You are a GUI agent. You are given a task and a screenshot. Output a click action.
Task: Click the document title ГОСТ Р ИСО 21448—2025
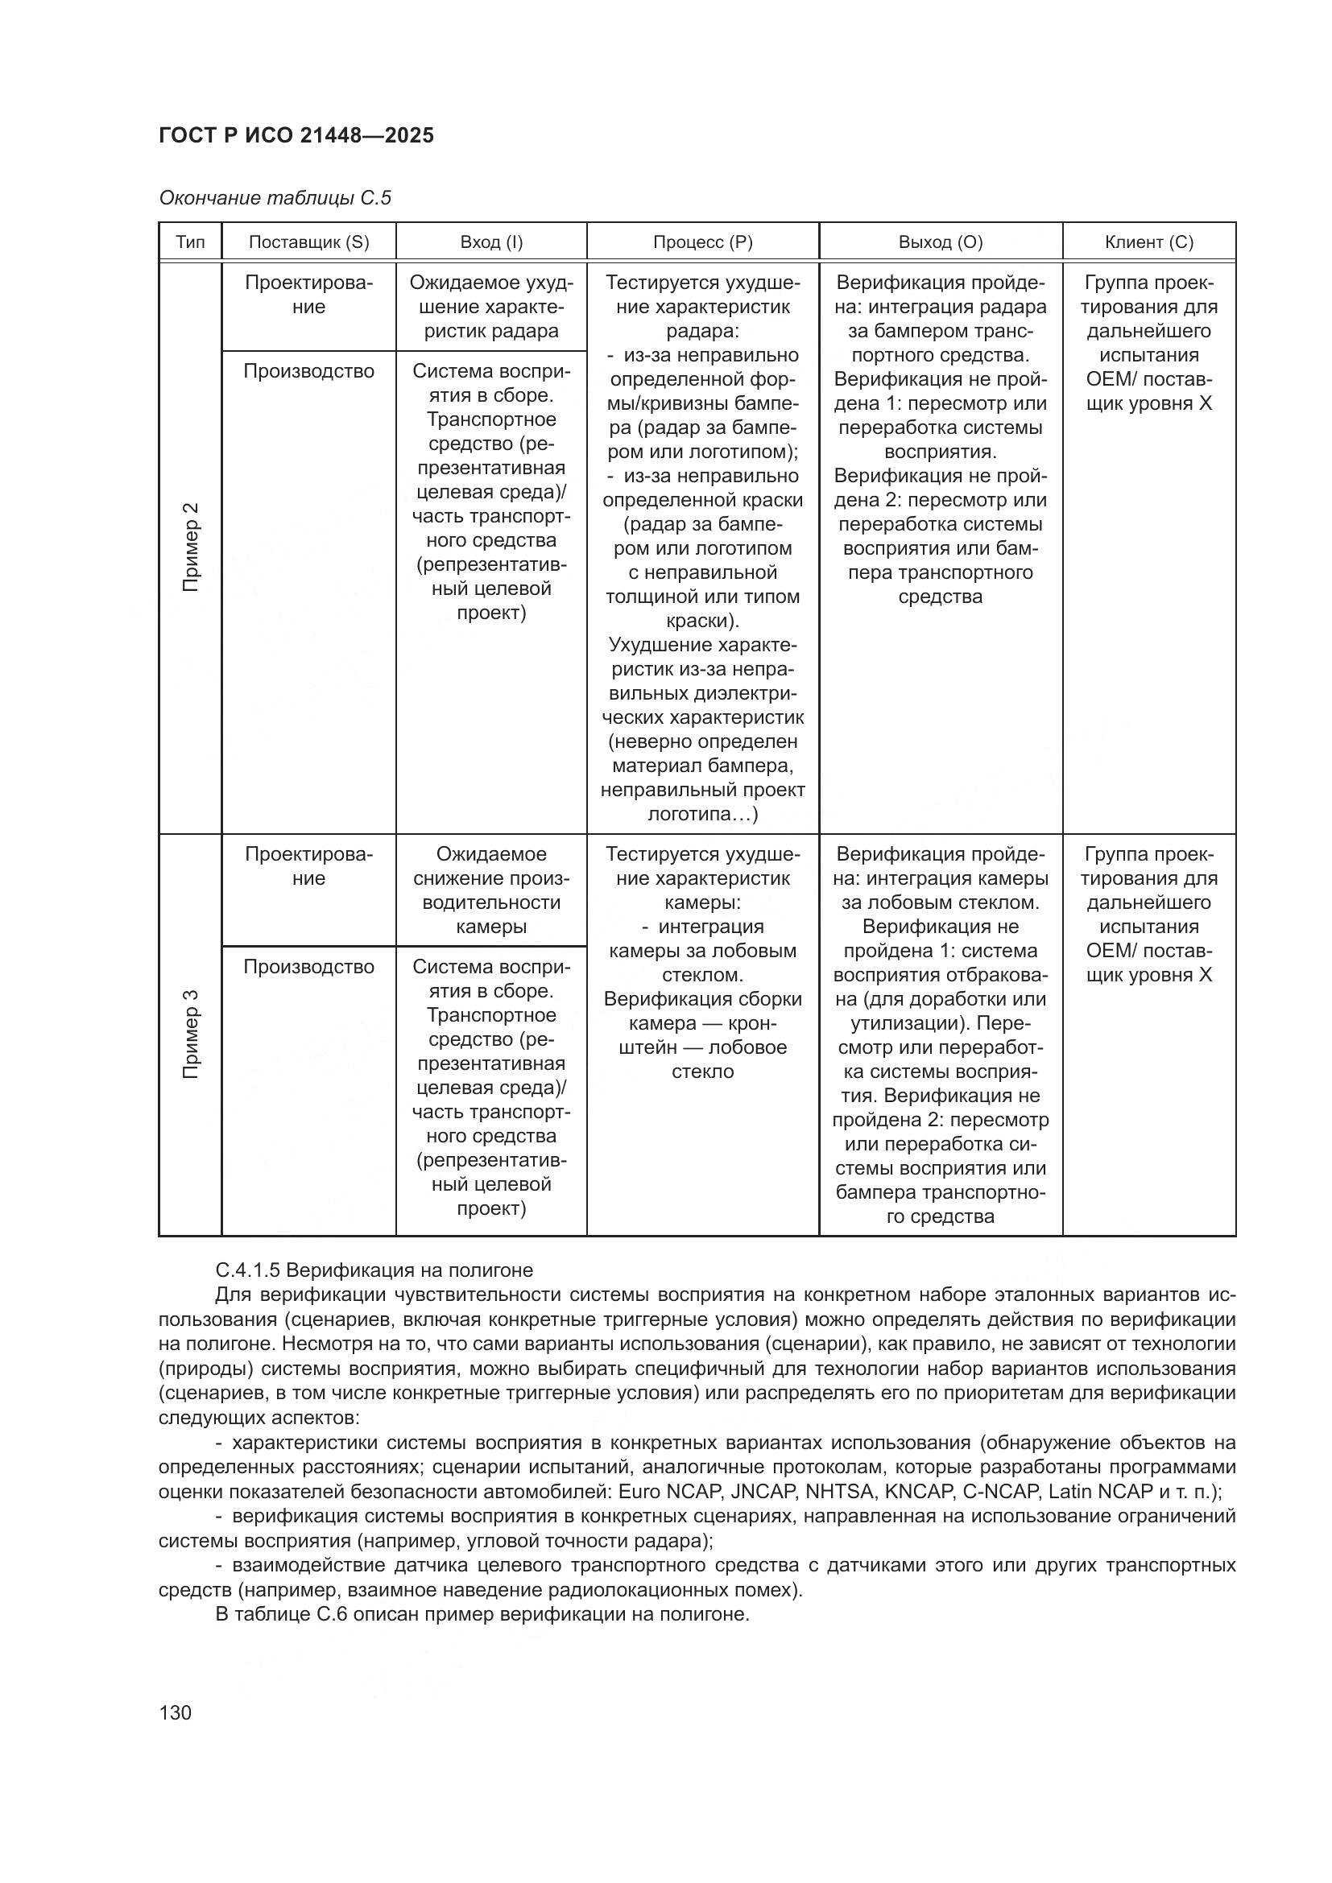tap(296, 136)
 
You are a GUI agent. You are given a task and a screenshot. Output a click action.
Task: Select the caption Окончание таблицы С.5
tap(275, 199)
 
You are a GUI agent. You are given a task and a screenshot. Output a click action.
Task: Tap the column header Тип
tap(190, 243)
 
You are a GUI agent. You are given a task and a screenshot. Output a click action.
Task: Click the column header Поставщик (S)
tap(309, 243)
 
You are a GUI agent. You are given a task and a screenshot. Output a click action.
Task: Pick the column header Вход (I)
tap(491, 243)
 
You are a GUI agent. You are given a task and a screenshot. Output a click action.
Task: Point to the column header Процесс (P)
tap(703, 243)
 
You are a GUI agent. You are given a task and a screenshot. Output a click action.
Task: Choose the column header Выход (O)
tap(941, 243)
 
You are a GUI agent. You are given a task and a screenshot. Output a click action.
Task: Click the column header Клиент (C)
tap(1149, 243)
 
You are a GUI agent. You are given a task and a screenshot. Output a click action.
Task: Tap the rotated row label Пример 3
tap(190, 1035)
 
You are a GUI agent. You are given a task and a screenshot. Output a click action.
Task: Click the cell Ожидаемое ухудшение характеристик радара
tap(491, 308)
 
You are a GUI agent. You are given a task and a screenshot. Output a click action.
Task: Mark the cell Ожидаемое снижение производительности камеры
tap(491, 890)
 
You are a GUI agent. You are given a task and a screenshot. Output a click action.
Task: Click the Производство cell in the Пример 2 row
tap(309, 371)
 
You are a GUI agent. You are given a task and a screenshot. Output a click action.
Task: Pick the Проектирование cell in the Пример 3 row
tap(309, 867)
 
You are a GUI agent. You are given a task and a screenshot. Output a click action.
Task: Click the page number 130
tap(175, 1712)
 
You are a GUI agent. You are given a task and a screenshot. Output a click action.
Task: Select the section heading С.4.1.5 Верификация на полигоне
tap(374, 1270)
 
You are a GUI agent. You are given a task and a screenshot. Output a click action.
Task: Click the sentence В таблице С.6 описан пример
tap(482, 1615)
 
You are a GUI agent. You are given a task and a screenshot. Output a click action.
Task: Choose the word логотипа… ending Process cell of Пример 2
tap(701, 815)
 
